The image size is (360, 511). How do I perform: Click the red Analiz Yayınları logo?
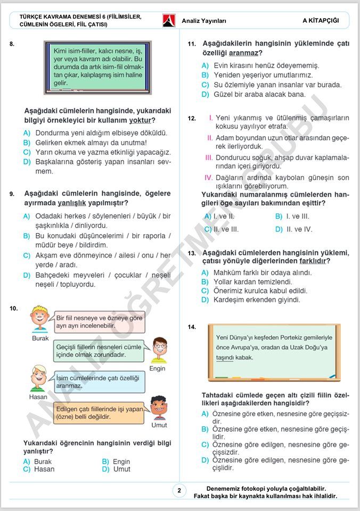pyautogui.click(x=169, y=21)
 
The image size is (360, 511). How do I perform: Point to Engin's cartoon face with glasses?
pyautogui.click(x=159, y=349)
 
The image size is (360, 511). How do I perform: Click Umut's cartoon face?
pyautogui.click(x=159, y=408)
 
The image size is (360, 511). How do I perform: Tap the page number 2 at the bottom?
pyautogui.click(x=179, y=491)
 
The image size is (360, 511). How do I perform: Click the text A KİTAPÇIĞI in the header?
pyautogui.click(x=321, y=21)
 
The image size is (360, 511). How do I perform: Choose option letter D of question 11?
pyautogui.click(x=205, y=94)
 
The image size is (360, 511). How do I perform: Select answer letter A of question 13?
pyautogui.click(x=205, y=273)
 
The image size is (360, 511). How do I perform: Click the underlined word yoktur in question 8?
pyautogui.click(x=140, y=120)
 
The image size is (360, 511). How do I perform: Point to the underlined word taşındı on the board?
pyautogui.click(x=225, y=357)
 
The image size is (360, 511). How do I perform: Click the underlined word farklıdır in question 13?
pyautogui.click(x=312, y=261)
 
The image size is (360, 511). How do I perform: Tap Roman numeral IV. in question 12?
pyautogui.click(x=209, y=178)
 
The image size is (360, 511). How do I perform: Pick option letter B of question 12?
pyautogui.click(x=279, y=216)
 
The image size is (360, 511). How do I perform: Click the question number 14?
pyautogui.click(x=192, y=327)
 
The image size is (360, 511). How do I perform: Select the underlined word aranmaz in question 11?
pyautogui.click(x=243, y=53)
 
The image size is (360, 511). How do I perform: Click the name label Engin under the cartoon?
pyautogui.click(x=157, y=368)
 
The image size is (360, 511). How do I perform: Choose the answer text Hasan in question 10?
pyautogui.click(x=44, y=469)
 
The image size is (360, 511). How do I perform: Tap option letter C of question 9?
pyautogui.click(x=27, y=255)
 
